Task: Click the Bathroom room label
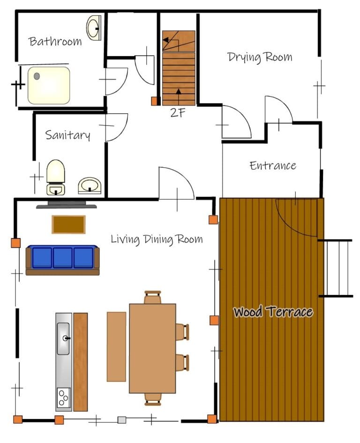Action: [55, 41]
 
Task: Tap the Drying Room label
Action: [260, 57]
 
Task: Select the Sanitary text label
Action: [67, 135]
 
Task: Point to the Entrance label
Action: [273, 165]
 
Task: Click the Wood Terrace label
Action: [273, 311]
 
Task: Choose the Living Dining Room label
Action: [157, 240]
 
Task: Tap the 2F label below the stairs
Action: [178, 113]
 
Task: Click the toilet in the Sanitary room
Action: [56, 177]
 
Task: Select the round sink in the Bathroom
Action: [94, 28]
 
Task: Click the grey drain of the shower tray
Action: [37, 76]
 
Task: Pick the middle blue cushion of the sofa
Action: [62, 258]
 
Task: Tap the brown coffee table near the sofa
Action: [68, 225]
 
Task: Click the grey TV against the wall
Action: [67, 205]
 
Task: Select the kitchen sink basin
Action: [63, 339]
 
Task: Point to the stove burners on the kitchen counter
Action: [64, 398]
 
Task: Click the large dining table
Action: [152, 348]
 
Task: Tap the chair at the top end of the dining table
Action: [153, 297]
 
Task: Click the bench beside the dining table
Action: [117, 347]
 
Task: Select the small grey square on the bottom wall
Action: [122, 420]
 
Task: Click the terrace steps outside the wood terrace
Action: [336, 268]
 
